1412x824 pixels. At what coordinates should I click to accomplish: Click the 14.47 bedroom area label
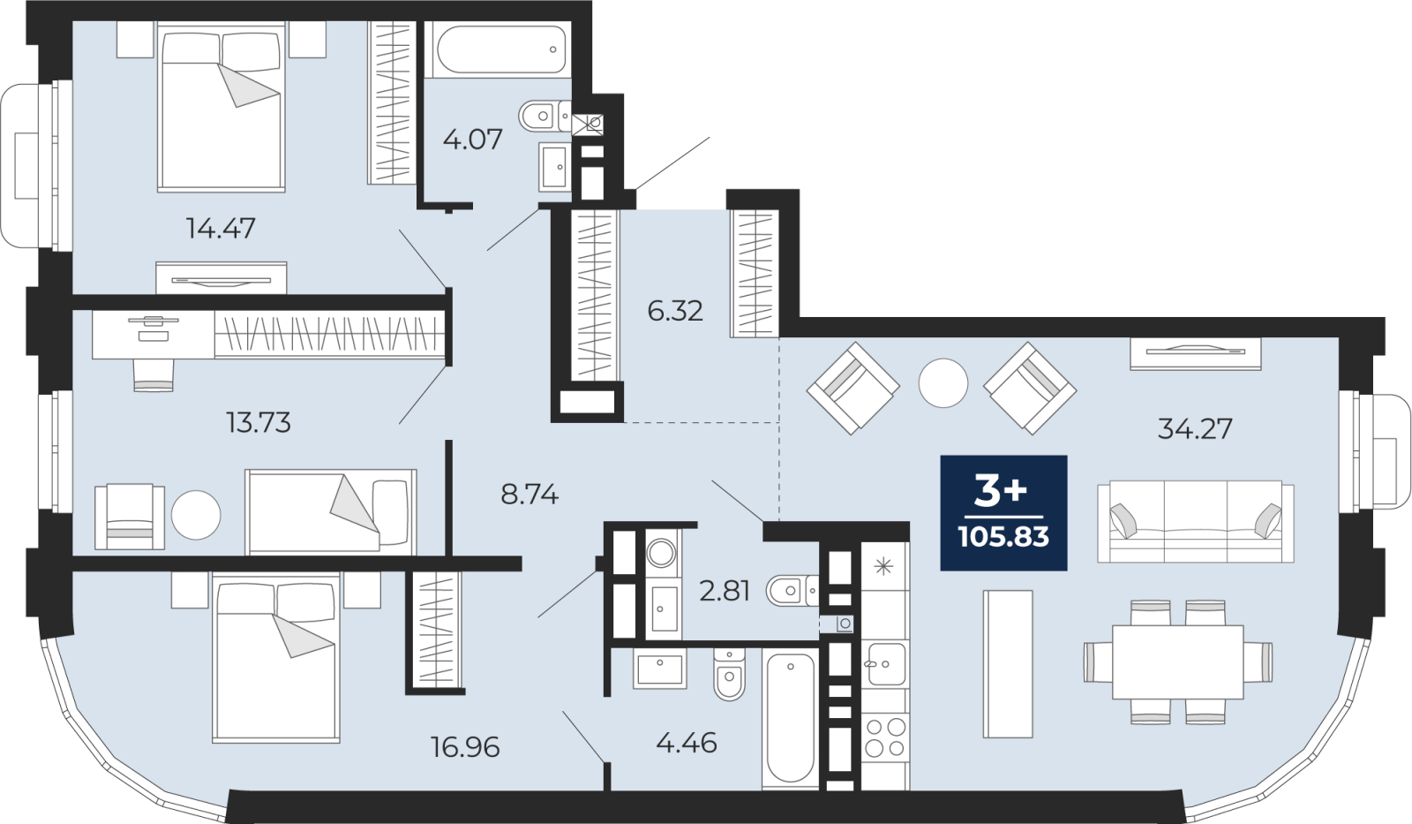[x=221, y=228]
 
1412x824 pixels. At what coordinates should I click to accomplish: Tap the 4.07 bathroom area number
[x=473, y=140]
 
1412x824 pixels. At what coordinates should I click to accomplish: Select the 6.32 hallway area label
[x=675, y=311]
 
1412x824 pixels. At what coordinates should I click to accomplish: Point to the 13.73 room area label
[x=259, y=423]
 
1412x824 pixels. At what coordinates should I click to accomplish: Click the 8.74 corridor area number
[x=529, y=495]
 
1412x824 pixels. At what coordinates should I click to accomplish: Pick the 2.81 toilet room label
[x=725, y=591]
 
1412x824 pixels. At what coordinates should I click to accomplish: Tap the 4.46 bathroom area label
[x=687, y=744]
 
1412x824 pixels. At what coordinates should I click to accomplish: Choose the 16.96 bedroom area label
[x=465, y=748]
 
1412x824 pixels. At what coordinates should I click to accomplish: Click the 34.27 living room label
[x=1195, y=430]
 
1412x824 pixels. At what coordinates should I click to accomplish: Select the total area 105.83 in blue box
[x=1003, y=537]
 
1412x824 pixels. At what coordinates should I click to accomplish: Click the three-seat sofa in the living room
[x=1195, y=521]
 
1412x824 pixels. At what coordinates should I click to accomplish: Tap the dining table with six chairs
[x=1177, y=661]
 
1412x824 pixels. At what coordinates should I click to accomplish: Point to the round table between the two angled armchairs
[x=943, y=382]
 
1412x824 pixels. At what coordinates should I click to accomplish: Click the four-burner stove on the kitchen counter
[x=884, y=737]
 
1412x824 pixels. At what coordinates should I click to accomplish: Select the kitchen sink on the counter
[x=885, y=663]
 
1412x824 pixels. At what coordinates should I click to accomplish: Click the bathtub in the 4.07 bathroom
[x=498, y=49]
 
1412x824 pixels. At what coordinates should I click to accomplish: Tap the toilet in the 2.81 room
[x=792, y=591]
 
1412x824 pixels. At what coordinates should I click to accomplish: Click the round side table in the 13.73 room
[x=196, y=515]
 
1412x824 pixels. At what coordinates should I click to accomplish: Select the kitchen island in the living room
[x=1008, y=664]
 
